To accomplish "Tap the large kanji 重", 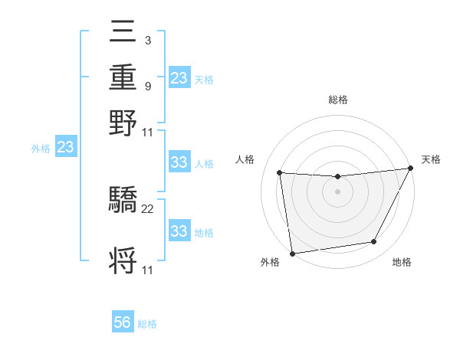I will pos(123,79).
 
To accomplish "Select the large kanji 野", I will pos(123,122).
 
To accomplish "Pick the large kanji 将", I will pos(123,260).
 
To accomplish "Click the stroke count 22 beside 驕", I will pos(148,209).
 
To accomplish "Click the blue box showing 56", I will pos(123,322).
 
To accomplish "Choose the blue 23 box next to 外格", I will pos(65,147).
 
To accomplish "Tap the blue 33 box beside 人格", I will pos(179,162).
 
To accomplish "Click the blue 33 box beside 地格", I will pos(179,231).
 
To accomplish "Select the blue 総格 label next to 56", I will pos(147,324).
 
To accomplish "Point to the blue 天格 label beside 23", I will pos(204,79).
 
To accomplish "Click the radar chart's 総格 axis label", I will pos(338,100).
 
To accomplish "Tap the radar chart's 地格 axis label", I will pos(402,262).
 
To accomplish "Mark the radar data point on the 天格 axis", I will pos(411,168).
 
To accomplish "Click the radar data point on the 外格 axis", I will pos(292,253).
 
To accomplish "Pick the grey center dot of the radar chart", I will pos(338,191).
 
